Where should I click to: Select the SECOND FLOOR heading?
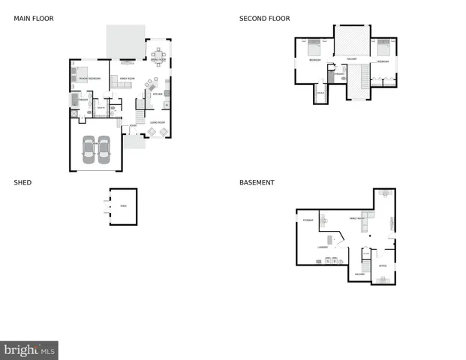tap(264, 19)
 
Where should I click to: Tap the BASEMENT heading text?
tap(257, 182)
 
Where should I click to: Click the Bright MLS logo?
tap(29, 350)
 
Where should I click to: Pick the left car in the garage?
tap(89, 149)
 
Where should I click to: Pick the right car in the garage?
tap(104, 149)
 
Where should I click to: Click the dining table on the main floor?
tap(158, 55)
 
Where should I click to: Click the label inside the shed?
tap(124, 205)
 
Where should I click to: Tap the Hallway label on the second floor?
tap(351, 59)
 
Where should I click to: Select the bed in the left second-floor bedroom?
tap(314, 47)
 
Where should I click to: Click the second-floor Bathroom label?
tap(339, 74)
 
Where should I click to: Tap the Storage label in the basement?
tap(307, 220)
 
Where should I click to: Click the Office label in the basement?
tap(382, 265)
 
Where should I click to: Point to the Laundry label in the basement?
tap(322, 246)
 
